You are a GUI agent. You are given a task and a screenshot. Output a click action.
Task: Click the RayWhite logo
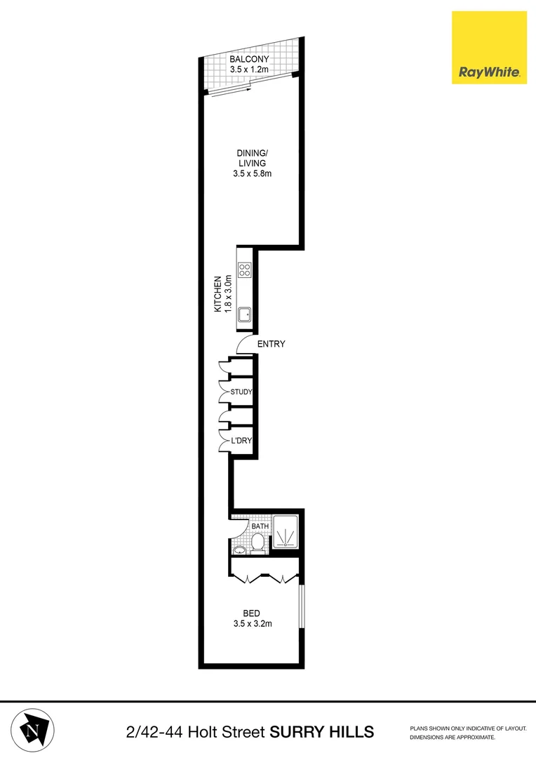[x=489, y=48]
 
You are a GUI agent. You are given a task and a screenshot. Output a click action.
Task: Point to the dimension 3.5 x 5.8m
[x=252, y=173]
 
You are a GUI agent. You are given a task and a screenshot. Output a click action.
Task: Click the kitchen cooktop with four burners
[x=245, y=270]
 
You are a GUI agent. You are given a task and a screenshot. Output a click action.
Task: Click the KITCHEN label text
[x=218, y=293]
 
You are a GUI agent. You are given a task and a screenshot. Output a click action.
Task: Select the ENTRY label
[x=271, y=344]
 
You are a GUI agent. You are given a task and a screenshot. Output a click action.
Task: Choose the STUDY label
[x=241, y=392]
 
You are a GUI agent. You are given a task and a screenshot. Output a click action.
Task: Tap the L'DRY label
[x=241, y=441]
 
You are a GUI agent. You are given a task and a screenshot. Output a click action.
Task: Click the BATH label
[x=260, y=526]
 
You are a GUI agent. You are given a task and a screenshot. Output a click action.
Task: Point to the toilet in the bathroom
[x=257, y=543]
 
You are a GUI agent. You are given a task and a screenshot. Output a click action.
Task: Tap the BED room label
[x=252, y=613]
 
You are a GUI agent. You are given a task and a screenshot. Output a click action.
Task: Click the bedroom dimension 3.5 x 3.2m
[x=252, y=624]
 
